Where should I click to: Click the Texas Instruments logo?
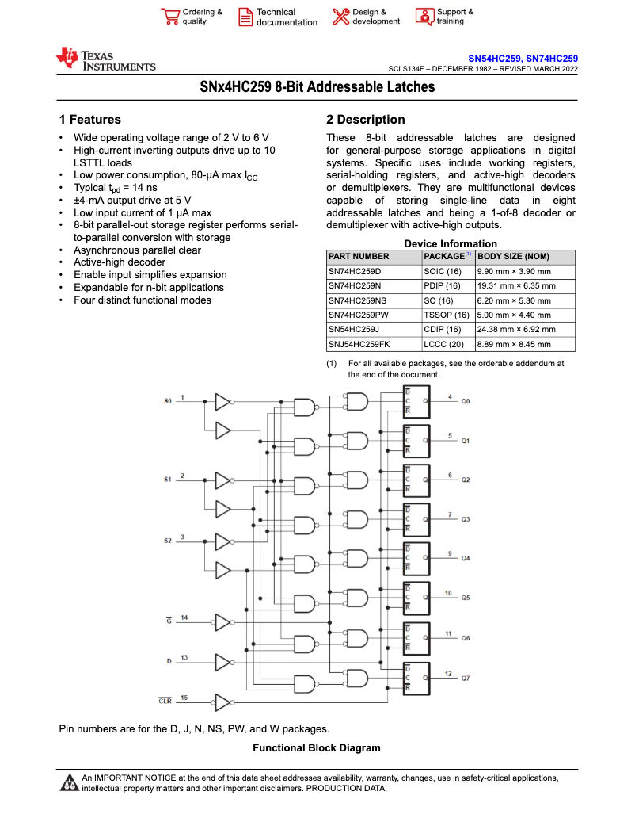click(x=105, y=60)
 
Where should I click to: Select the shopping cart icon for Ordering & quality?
click(x=169, y=17)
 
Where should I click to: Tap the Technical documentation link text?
click(x=287, y=17)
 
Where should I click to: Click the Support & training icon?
click(x=424, y=17)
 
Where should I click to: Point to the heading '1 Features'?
click(x=90, y=120)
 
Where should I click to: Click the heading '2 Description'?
click(x=365, y=120)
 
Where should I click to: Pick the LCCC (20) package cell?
click(x=442, y=344)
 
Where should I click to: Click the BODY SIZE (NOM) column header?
click(x=513, y=257)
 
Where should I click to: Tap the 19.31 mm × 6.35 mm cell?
click(x=516, y=285)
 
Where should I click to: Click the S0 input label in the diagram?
click(x=167, y=401)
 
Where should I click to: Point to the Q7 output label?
click(x=466, y=679)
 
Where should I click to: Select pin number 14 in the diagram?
click(x=184, y=617)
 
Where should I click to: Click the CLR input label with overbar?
click(x=165, y=701)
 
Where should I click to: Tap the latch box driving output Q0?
click(x=416, y=401)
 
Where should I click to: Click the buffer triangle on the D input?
click(x=222, y=661)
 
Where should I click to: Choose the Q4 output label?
click(x=466, y=559)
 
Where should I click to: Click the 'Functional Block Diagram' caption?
click(x=316, y=748)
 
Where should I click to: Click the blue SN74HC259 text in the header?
click(x=552, y=59)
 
